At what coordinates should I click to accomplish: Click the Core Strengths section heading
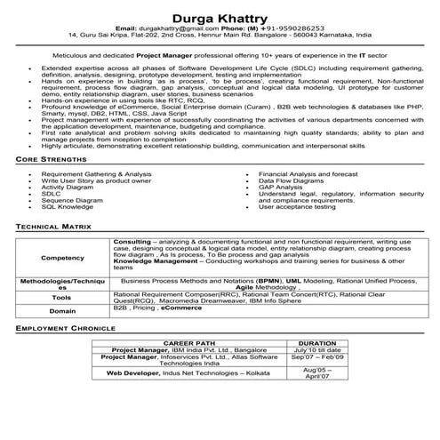(50, 183)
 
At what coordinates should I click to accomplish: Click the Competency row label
(63, 258)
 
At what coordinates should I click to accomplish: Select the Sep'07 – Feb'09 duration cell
(317, 357)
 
